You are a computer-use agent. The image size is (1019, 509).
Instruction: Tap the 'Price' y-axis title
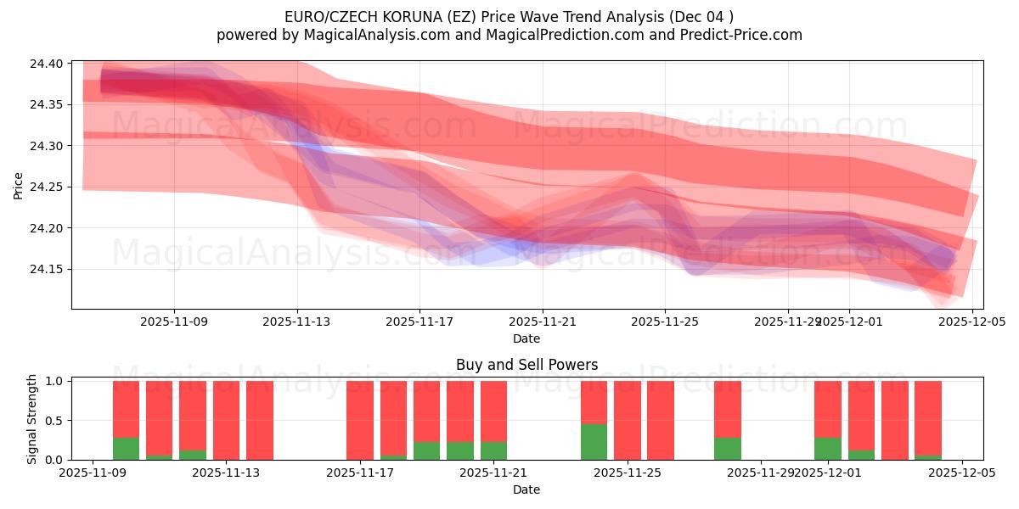(x=19, y=185)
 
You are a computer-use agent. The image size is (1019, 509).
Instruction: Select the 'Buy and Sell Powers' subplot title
(x=526, y=365)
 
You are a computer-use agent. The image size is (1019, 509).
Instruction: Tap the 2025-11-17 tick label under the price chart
(x=419, y=322)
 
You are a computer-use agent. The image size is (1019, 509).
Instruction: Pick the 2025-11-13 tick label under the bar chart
(x=226, y=473)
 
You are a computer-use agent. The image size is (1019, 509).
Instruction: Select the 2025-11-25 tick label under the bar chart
(x=628, y=473)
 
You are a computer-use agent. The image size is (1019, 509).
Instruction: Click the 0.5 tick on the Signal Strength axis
(x=55, y=421)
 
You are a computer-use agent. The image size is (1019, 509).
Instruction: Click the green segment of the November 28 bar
(x=728, y=449)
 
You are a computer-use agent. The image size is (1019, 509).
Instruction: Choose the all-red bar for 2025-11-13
(x=226, y=420)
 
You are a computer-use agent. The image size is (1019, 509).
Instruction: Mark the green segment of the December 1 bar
(x=828, y=449)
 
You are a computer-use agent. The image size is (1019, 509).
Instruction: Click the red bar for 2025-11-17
(x=360, y=420)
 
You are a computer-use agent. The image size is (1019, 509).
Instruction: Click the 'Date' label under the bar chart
(x=526, y=489)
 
